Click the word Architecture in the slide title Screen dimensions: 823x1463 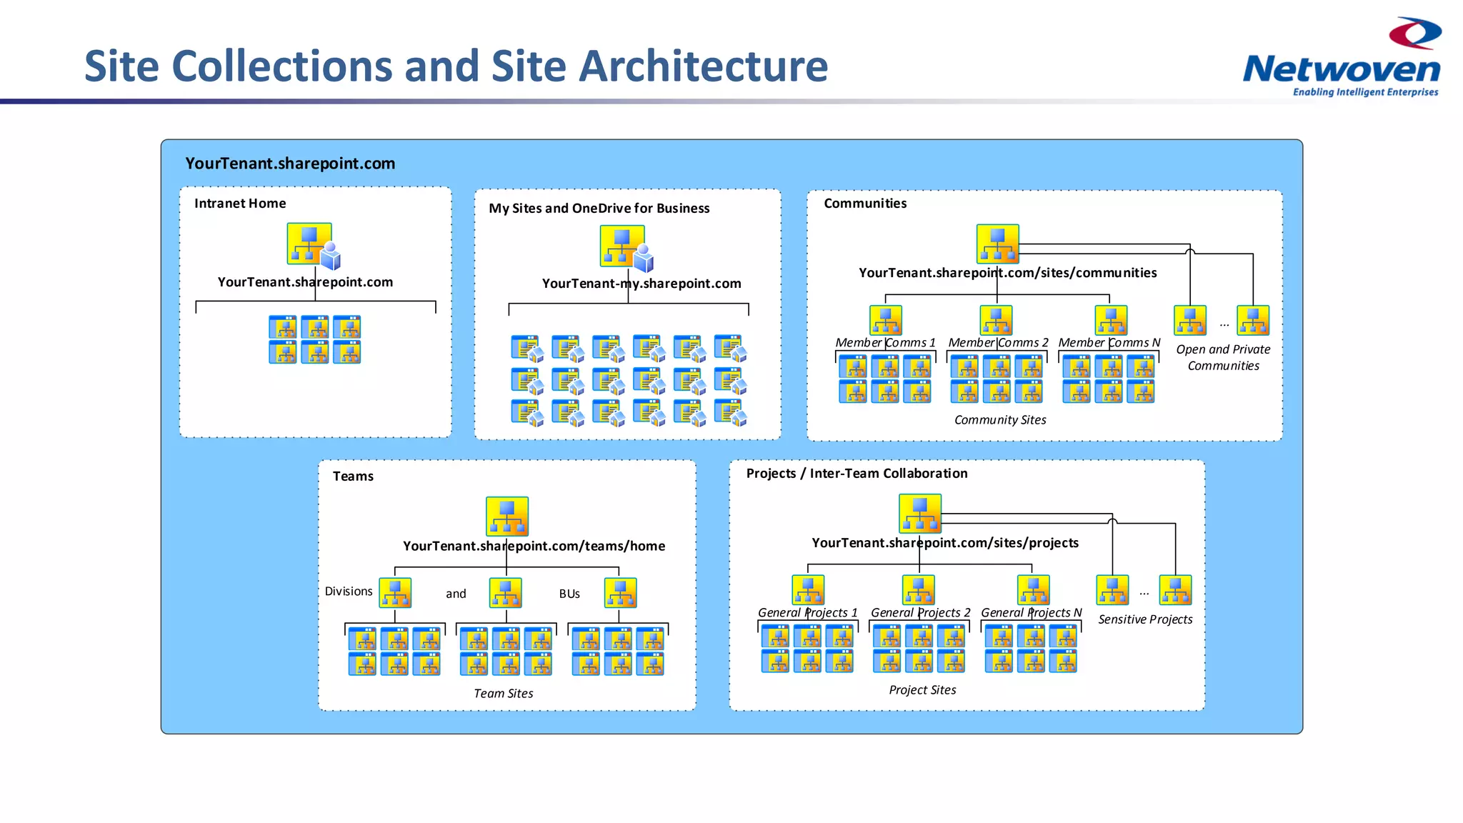click(703, 66)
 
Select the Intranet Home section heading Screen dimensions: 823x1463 click(240, 204)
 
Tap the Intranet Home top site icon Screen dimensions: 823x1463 click(310, 244)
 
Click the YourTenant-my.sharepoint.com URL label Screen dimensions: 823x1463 click(641, 284)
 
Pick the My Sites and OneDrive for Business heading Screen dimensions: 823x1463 click(599, 209)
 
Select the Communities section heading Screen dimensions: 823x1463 click(865, 204)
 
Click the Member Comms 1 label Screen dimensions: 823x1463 click(885, 343)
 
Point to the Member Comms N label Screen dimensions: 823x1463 click(1109, 343)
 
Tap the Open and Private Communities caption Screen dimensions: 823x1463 click(1223, 357)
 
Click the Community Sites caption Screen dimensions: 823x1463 click(1000, 420)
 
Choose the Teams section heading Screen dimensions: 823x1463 click(353, 477)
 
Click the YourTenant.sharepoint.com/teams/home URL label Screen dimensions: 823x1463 click(534, 547)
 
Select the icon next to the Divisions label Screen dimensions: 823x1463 click(395, 593)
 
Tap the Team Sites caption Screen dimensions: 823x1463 click(504, 694)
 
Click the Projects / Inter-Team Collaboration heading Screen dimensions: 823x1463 click(857, 474)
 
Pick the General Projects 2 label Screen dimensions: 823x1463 click(920, 613)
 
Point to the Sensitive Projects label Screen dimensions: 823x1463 click(1145, 619)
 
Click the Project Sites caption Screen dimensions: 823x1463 click(922, 690)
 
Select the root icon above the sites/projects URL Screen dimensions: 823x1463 click(920, 514)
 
